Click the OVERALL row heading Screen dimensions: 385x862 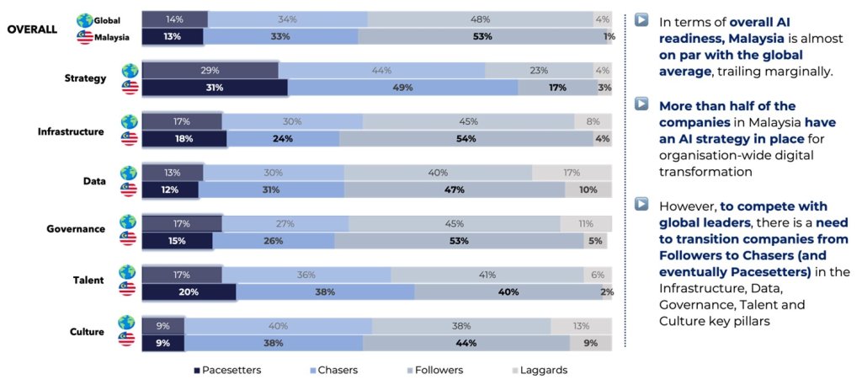(x=32, y=28)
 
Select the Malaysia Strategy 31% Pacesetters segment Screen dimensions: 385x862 (x=214, y=88)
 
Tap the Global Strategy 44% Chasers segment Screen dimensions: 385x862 (x=381, y=71)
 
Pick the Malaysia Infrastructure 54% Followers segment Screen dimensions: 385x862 (x=466, y=139)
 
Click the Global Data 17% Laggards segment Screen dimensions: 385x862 (x=572, y=173)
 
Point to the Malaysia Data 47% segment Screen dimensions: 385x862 (x=455, y=190)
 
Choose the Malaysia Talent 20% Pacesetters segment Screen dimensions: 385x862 (x=189, y=291)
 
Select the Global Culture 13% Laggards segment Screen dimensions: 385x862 (x=582, y=326)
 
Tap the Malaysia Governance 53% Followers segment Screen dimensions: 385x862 (x=459, y=241)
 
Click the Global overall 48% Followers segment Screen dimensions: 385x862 (x=481, y=19)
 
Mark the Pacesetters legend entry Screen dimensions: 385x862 (x=227, y=370)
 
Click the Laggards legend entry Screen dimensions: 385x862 (x=539, y=370)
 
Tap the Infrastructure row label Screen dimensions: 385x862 (x=71, y=131)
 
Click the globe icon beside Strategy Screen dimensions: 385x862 (x=129, y=71)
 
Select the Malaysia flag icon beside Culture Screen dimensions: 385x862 (x=129, y=340)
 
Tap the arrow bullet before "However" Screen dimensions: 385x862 (x=641, y=204)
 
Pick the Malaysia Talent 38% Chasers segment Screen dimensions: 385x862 (x=325, y=291)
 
